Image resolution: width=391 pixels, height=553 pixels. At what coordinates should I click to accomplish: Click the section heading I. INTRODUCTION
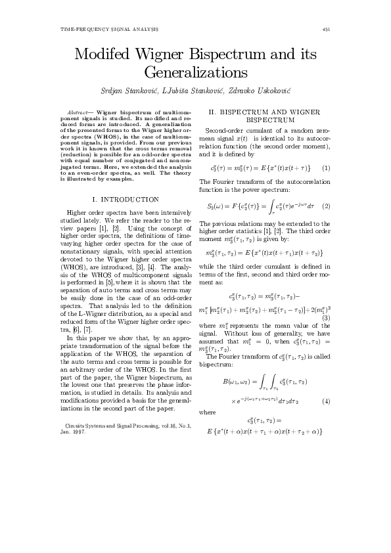126,199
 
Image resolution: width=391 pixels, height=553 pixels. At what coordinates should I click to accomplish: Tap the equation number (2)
326,206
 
